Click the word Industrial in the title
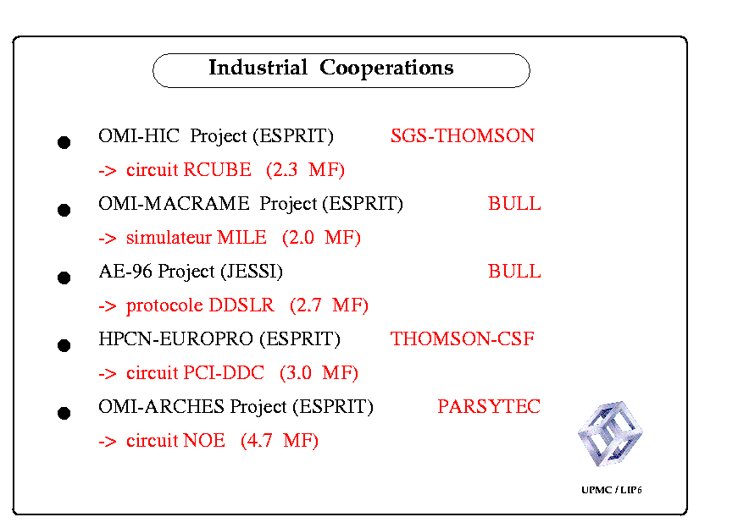258,67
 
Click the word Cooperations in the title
386,69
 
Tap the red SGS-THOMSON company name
462,135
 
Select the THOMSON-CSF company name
462,338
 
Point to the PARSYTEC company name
489,406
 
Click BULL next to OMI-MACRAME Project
514,203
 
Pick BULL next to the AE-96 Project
514,271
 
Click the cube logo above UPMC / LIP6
610,433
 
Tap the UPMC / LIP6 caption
612,489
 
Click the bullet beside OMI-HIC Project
64,142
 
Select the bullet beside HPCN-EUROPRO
64,345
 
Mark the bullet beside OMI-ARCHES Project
64,413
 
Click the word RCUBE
218,169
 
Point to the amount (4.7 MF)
280,441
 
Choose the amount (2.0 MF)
321,238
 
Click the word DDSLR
241,305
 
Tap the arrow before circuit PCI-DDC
108,374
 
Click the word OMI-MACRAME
174,203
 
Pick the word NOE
204,440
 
